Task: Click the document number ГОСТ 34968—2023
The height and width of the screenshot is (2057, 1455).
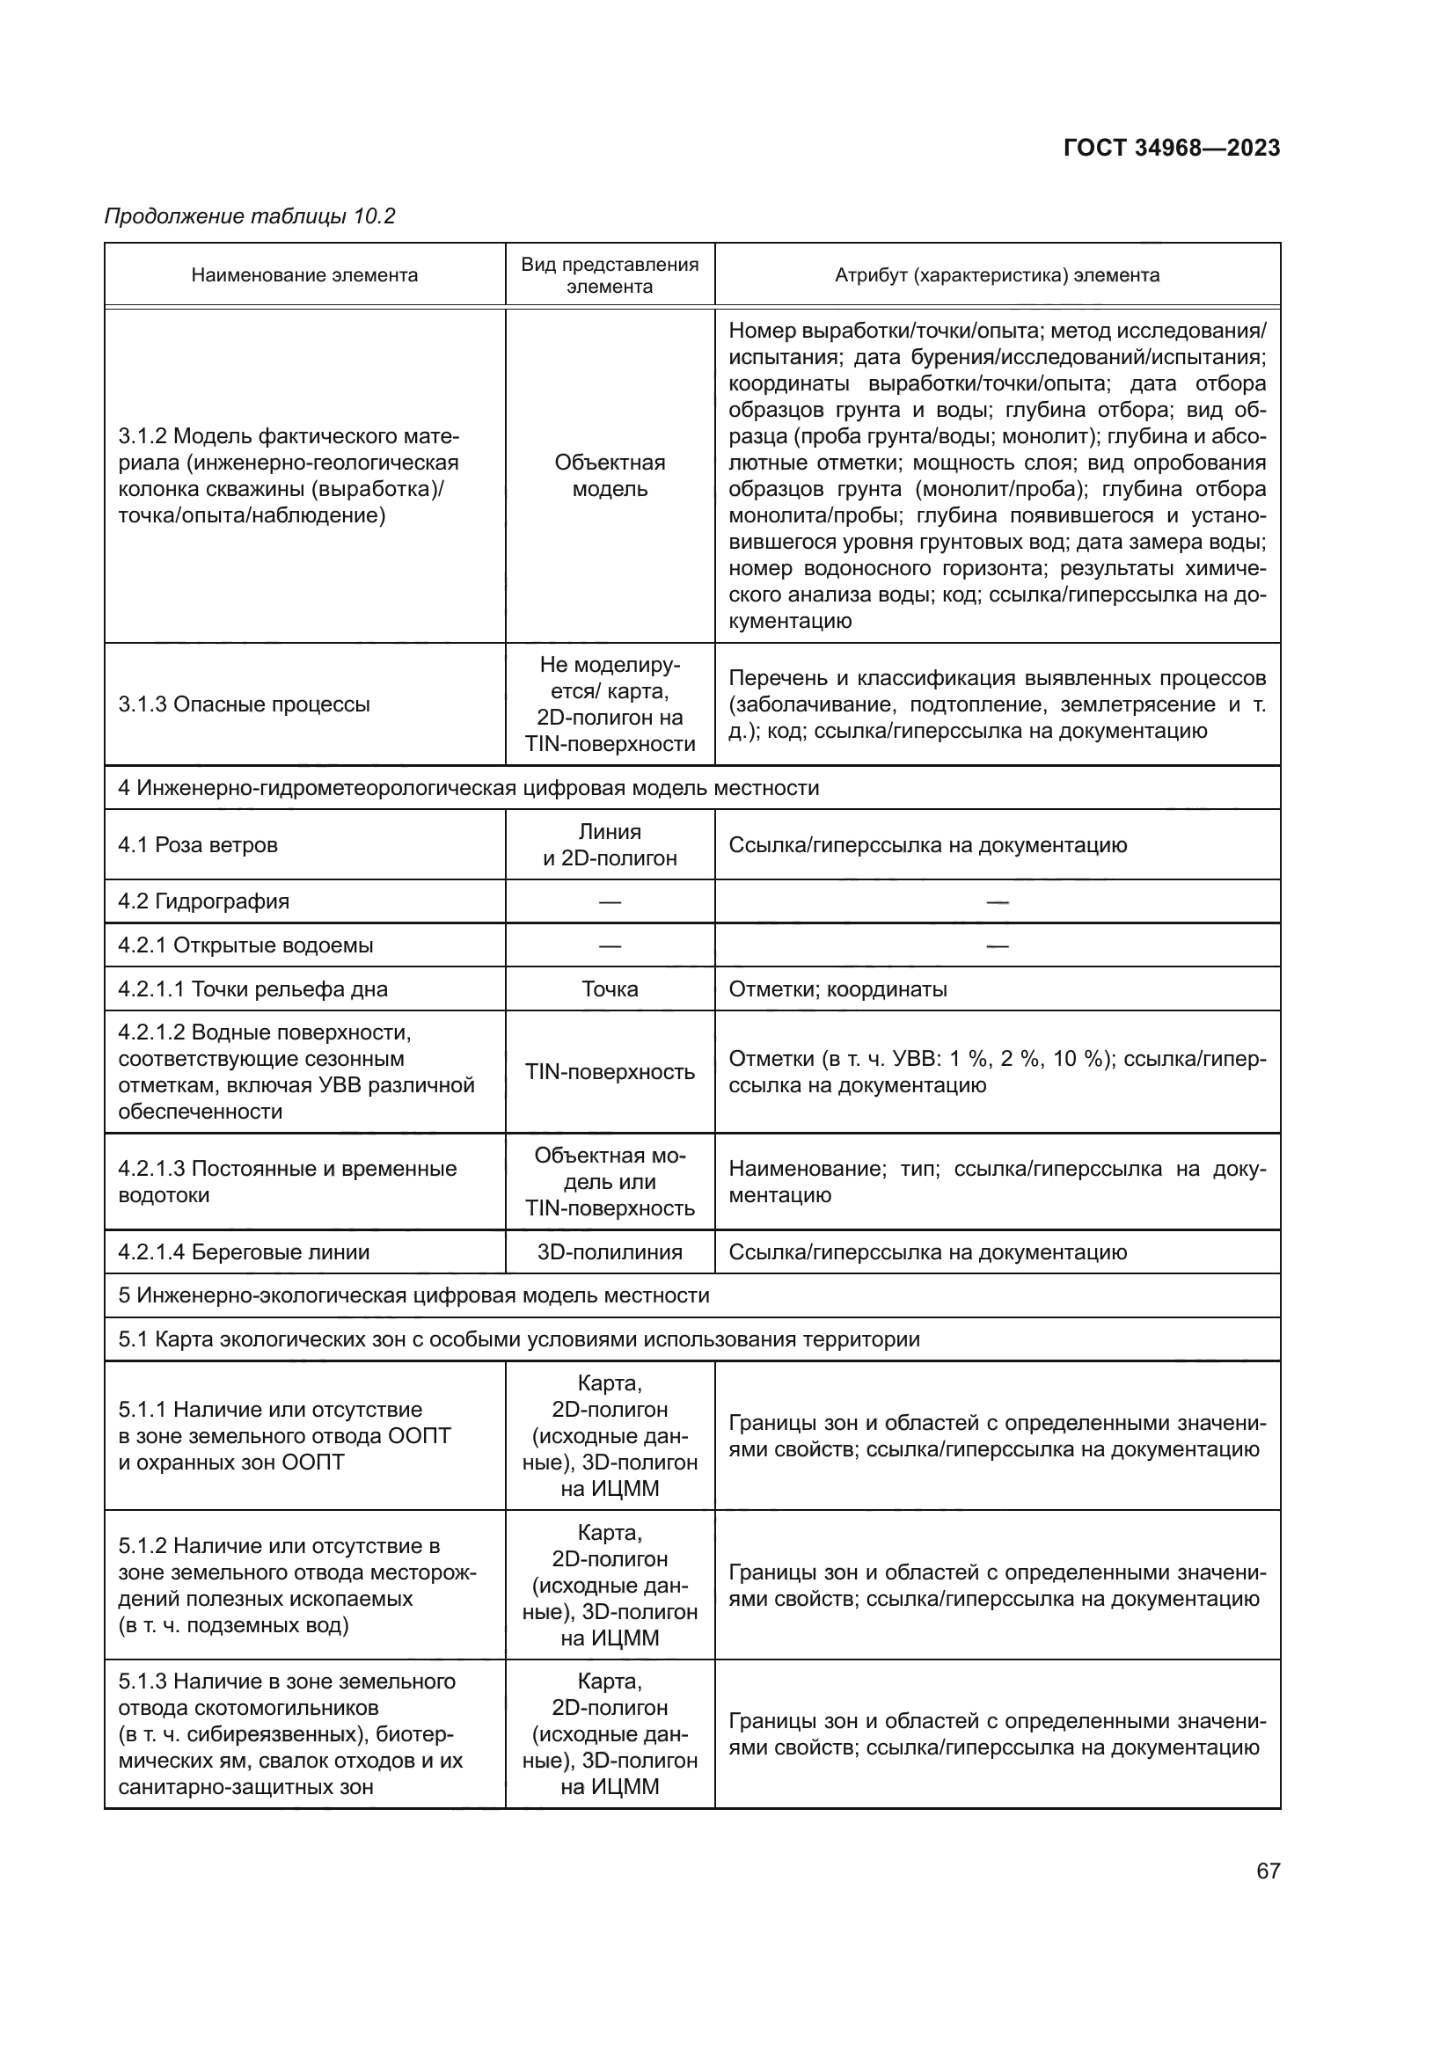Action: tap(1171, 148)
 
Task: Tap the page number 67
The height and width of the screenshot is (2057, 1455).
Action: tap(1268, 1871)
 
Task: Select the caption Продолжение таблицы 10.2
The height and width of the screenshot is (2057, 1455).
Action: tap(250, 216)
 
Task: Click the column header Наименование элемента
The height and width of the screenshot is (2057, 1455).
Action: tap(304, 275)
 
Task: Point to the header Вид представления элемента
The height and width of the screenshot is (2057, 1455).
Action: tap(610, 275)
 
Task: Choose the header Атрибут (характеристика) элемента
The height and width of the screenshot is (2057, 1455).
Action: tap(997, 275)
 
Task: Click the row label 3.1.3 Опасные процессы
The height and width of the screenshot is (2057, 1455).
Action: tap(244, 704)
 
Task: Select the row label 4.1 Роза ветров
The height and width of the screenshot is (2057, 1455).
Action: tap(198, 845)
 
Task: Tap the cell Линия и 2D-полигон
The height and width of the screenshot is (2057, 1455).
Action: tap(610, 845)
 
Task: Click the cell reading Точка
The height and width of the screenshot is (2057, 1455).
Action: tap(610, 989)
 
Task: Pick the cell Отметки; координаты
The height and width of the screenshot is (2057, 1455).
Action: tap(837, 989)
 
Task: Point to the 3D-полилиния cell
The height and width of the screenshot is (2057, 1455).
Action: tap(610, 1251)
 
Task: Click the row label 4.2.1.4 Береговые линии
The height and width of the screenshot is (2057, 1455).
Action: tap(244, 1251)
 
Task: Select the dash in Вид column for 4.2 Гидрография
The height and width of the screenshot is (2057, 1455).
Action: tap(610, 902)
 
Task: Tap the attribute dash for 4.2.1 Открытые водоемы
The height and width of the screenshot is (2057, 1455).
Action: tap(997, 946)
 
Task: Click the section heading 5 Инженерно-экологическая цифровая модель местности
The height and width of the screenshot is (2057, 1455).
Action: tap(414, 1295)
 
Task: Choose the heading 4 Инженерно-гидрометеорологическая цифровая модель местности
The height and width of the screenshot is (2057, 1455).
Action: tap(469, 788)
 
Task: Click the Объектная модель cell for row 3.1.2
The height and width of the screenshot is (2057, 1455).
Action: tap(610, 476)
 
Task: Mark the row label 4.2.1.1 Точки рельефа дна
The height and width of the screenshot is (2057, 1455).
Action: tap(252, 989)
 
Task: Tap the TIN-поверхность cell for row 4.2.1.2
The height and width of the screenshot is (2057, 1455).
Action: tap(610, 1072)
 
